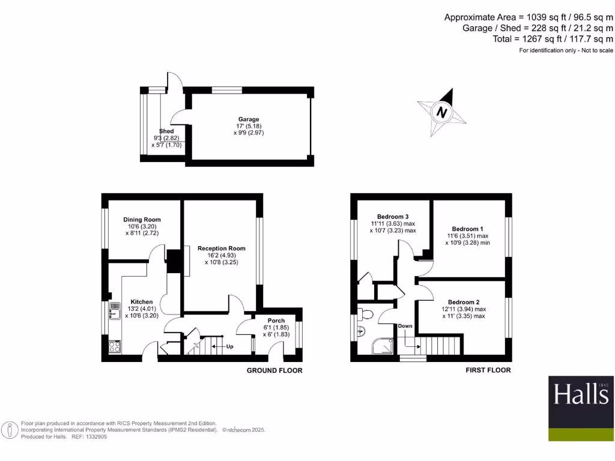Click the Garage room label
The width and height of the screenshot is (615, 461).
tap(249, 119)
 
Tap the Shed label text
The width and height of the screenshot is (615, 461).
tap(166, 131)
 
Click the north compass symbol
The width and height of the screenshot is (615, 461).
tap(443, 112)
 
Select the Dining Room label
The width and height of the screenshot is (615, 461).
tap(142, 220)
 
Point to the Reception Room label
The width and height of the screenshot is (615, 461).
tap(221, 249)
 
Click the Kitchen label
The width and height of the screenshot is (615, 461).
tap(142, 302)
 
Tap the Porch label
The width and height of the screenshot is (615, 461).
tap(276, 321)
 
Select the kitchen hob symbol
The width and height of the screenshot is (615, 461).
tap(114, 346)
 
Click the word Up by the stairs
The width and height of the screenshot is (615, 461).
tap(229, 347)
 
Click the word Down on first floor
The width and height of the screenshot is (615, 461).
tap(405, 326)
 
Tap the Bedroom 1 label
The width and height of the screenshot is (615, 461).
tap(467, 229)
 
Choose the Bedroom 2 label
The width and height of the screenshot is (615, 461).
tap(464, 302)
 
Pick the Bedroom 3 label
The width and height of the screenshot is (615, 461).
tap(393, 217)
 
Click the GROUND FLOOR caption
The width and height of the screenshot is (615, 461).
tap(274, 370)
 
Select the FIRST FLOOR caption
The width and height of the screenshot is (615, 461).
tap(488, 370)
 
